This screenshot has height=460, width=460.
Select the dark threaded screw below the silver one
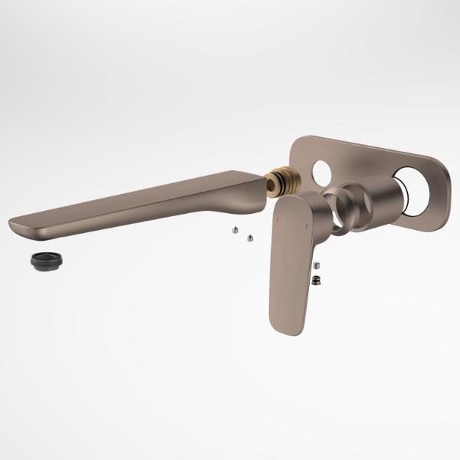coord(316,281)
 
